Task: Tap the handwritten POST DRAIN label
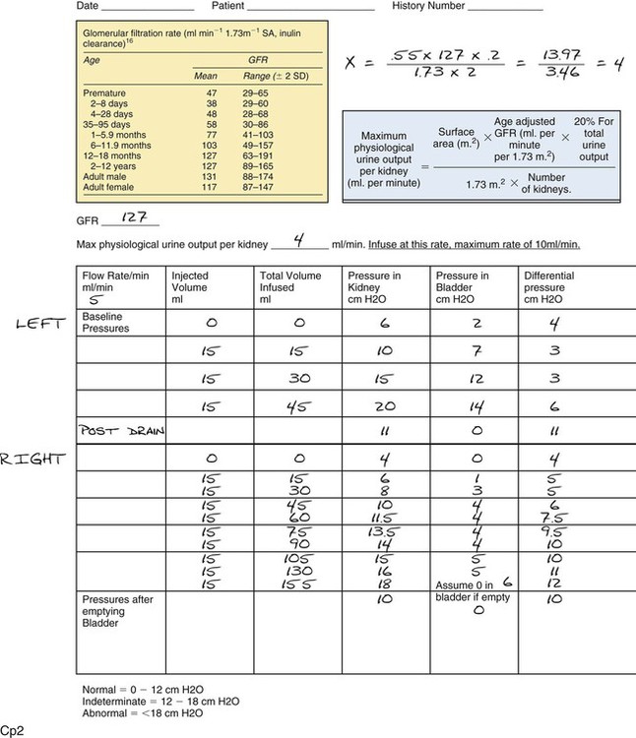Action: (119, 431)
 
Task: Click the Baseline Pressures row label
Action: (107, 324)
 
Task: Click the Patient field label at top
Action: (225, 7)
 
